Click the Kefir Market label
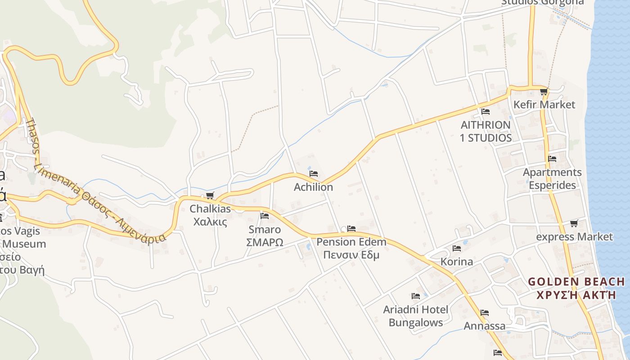[x=544, y=104]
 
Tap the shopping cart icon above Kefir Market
[x=544, y=92]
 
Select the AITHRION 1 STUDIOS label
[x=486, y=131]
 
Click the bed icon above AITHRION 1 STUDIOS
[x=485, y=111]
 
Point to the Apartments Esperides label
[x=552, y=179]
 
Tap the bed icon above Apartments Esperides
[x=552, y=158]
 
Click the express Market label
[x=575, y=237]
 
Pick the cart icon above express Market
[x=574, y=223]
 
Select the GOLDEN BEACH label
[x=576, y=282]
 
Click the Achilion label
[x=313, y=187]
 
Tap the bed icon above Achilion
[x=314, y=173]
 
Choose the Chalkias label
[x=210, y=209]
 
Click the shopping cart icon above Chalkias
[x=210, y=195]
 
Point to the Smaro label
[x=265, y=229]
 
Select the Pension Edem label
[x=351, y=242]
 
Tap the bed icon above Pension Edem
[x=351, y=229]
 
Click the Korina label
[x=457, y=261]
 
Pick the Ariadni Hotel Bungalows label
[x=416, y=316]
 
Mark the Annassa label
[x=485, y=326]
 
